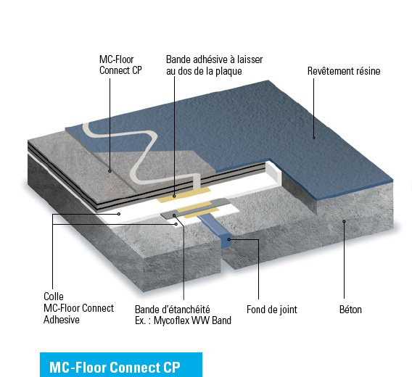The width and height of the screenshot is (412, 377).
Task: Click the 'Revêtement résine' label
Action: pos(344,71)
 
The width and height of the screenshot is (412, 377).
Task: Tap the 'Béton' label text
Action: pos(350,310)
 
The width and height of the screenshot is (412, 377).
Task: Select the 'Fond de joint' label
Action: pos(272,310)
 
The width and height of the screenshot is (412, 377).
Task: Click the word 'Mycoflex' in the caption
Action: pos(171,320)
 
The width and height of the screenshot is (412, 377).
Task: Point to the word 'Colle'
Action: pos(54,297)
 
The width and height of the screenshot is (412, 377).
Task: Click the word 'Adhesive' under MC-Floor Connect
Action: pos(62,320)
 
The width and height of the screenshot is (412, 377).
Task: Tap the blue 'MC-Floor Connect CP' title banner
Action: pos(121,365)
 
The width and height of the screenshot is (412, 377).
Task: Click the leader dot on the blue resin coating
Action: pos(314,138)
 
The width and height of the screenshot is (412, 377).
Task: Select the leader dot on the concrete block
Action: pos(344,221)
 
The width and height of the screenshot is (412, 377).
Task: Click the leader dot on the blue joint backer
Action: pos(229,239)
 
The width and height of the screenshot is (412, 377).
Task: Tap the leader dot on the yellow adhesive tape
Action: pos(174,196)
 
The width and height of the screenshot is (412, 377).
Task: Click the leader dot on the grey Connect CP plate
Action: pos(110,171)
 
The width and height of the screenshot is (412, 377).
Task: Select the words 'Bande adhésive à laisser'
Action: pos(215,59)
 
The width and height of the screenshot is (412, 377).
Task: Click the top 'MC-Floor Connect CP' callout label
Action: pos(120,65)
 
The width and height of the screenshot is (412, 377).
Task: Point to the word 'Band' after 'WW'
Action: pos(221,320)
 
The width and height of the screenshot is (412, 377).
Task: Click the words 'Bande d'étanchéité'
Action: pos(173,310)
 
